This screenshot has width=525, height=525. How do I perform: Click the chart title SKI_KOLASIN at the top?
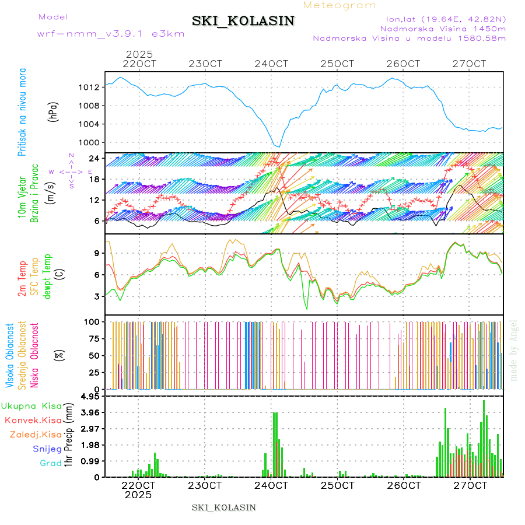(243, 21)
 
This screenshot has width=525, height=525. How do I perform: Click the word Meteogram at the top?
(339, 5)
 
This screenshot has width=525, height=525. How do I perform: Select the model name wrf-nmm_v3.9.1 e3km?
(110, 34)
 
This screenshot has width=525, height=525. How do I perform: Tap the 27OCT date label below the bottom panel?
(470, 485)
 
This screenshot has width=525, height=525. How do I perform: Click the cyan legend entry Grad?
(51, 464)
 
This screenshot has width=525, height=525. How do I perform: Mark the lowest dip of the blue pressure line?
(279, 146)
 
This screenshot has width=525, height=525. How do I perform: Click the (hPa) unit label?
(53, 111)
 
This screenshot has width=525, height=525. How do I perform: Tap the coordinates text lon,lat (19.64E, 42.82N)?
(442, 19)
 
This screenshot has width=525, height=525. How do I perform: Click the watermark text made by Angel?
(514, 350)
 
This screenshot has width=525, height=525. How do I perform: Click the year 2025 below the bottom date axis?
(138, 495)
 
